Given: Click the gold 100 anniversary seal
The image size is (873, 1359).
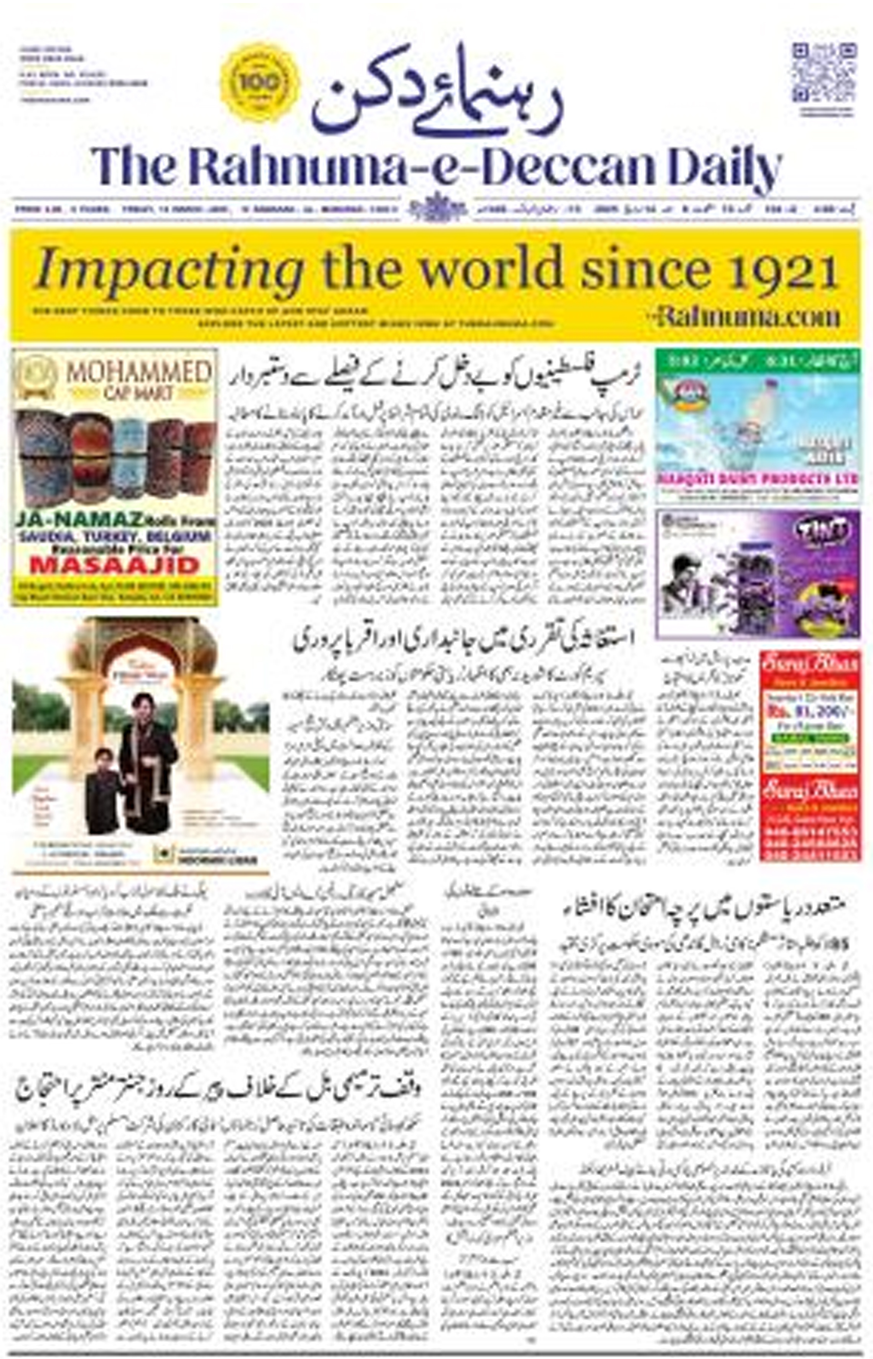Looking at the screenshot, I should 260,83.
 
